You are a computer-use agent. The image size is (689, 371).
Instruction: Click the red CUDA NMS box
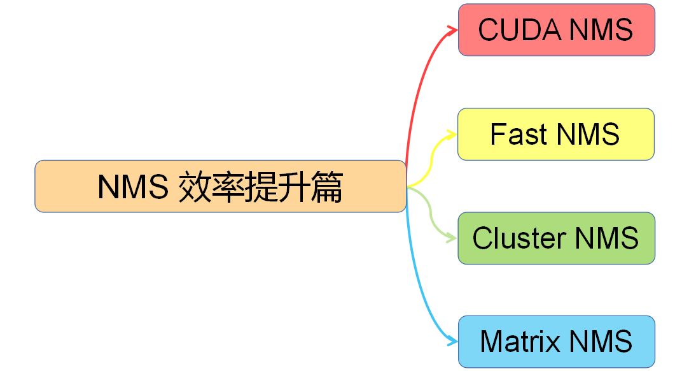pos(556,30)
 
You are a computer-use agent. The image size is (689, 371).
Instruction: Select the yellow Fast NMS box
pos(555,134)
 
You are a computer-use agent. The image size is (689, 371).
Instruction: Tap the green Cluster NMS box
pos(556,238)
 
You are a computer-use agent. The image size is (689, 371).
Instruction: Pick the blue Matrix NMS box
pos(556,342)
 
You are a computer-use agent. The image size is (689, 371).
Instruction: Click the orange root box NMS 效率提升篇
pos(220,186)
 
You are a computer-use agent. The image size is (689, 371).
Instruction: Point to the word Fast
pos(518,135)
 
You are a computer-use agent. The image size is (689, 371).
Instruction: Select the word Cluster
pos(519,238)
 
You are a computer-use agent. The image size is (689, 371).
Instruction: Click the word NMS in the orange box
pos(134,187)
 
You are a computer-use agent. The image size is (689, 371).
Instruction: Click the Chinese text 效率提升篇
pos(261,187)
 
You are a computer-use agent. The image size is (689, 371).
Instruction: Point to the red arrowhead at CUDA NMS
pos(453,29)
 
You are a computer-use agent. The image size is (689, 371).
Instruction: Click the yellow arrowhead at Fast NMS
pos(452,134)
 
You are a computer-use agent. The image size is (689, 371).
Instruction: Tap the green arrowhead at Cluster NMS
pos(452,238)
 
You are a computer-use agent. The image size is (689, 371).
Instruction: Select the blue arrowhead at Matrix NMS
pos(453,342)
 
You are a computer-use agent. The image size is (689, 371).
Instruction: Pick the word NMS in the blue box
pos(601,342)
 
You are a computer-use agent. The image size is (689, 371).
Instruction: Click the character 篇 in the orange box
pos(327,187)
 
